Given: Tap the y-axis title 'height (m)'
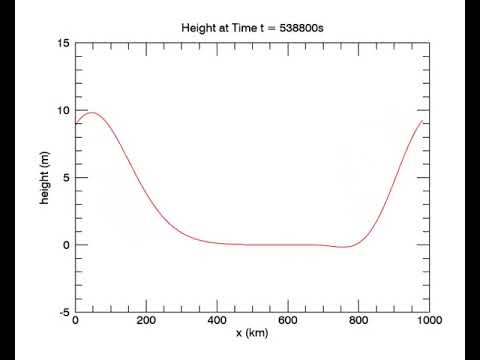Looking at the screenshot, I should (45, 178).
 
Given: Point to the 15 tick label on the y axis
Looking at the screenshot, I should (63, 44).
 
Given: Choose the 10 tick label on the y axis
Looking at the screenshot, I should (63, 111).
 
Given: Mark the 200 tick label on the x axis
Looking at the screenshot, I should (146, 320).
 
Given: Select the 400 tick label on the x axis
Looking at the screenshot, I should (217, 320).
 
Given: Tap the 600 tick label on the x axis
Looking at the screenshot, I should (288, 320).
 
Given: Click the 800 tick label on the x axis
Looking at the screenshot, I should (359, 320).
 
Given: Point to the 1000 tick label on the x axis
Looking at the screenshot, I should (428, 320).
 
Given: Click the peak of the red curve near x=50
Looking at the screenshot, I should (93, 112).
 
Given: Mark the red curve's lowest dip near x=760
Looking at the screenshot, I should (344, 247).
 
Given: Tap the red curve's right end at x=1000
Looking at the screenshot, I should (422, 121).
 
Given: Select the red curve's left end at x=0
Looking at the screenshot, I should (76, 123).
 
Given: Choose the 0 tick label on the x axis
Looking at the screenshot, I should (76, 320).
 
